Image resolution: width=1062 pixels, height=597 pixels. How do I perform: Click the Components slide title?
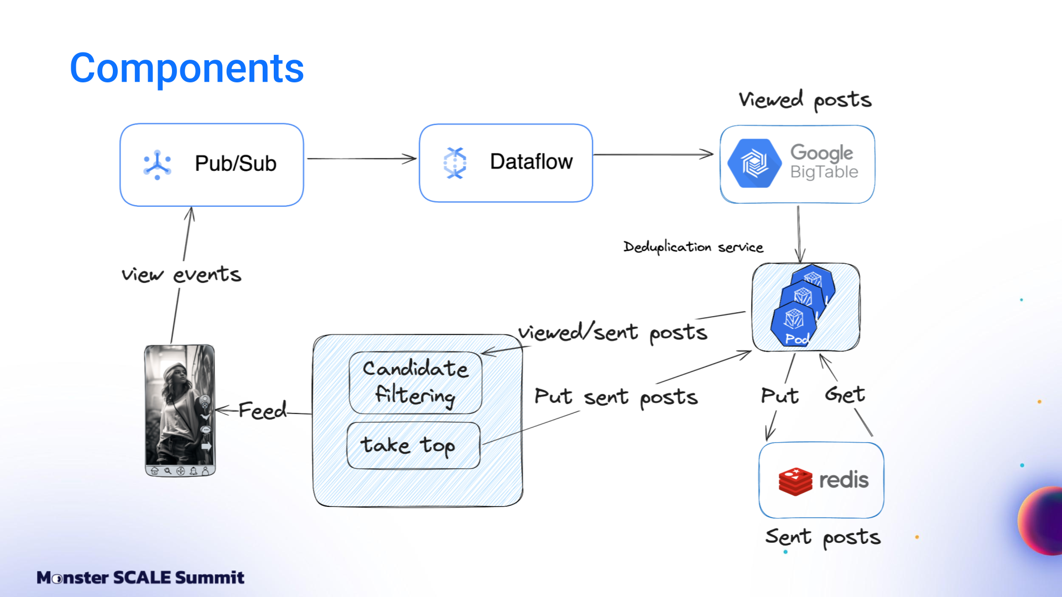pyautogui.click(x=186, y=69)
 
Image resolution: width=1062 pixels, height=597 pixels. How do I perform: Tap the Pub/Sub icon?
pyautogui.click(x=157, y=164)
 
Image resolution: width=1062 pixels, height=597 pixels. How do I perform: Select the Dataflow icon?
pyautogui.click(x=455, y=163)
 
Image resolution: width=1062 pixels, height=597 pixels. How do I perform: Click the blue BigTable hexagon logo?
pyautogui.click(x=754, y=164)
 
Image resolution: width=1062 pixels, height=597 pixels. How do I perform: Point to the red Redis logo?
pyautogui.click(x=795, y=481)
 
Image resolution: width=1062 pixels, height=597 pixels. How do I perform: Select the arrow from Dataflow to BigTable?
pyautogui.click(x=653, y=154)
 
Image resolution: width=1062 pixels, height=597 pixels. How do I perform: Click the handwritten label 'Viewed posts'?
pyautogui.click(x=805, y=100)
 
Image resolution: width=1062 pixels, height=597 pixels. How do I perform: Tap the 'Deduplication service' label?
pyautogui.click(x=693, y=247)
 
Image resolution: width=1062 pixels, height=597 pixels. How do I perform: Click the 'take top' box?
pyautogui.click(x=413, y=446)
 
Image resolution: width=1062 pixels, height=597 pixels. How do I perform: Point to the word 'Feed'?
pyautogui.click(x=262, y=411)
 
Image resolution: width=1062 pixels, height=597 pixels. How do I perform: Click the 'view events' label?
pyautogui.click(x=181, y=274)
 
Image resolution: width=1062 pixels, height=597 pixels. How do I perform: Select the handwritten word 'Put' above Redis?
pyautogui.click(x=780, y=396)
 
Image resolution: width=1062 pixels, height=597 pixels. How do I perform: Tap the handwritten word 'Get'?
pyautogui.click(x=845, y=395)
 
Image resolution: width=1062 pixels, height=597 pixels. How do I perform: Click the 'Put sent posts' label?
pyautogui.click(x=616, y=397)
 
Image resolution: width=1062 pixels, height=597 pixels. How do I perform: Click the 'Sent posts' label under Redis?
pyautogui.click(x=822, y=537)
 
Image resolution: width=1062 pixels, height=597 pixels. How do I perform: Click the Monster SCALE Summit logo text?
pyautogui.click(x=140, y=578)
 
